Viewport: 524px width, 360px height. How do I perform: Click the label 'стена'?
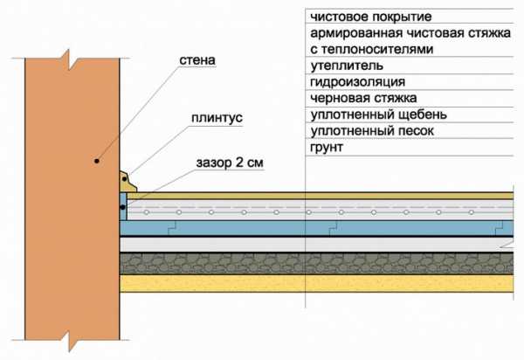tap(194, 61)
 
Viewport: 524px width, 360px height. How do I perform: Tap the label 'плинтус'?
tap(212, 117)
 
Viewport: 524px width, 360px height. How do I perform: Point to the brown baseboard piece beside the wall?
tap(128, 181)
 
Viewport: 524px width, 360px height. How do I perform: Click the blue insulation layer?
tap(262, 227)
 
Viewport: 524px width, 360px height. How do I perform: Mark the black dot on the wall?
tap(99, 162)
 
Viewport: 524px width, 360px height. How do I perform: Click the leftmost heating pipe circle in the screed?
tap(146, 212)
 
